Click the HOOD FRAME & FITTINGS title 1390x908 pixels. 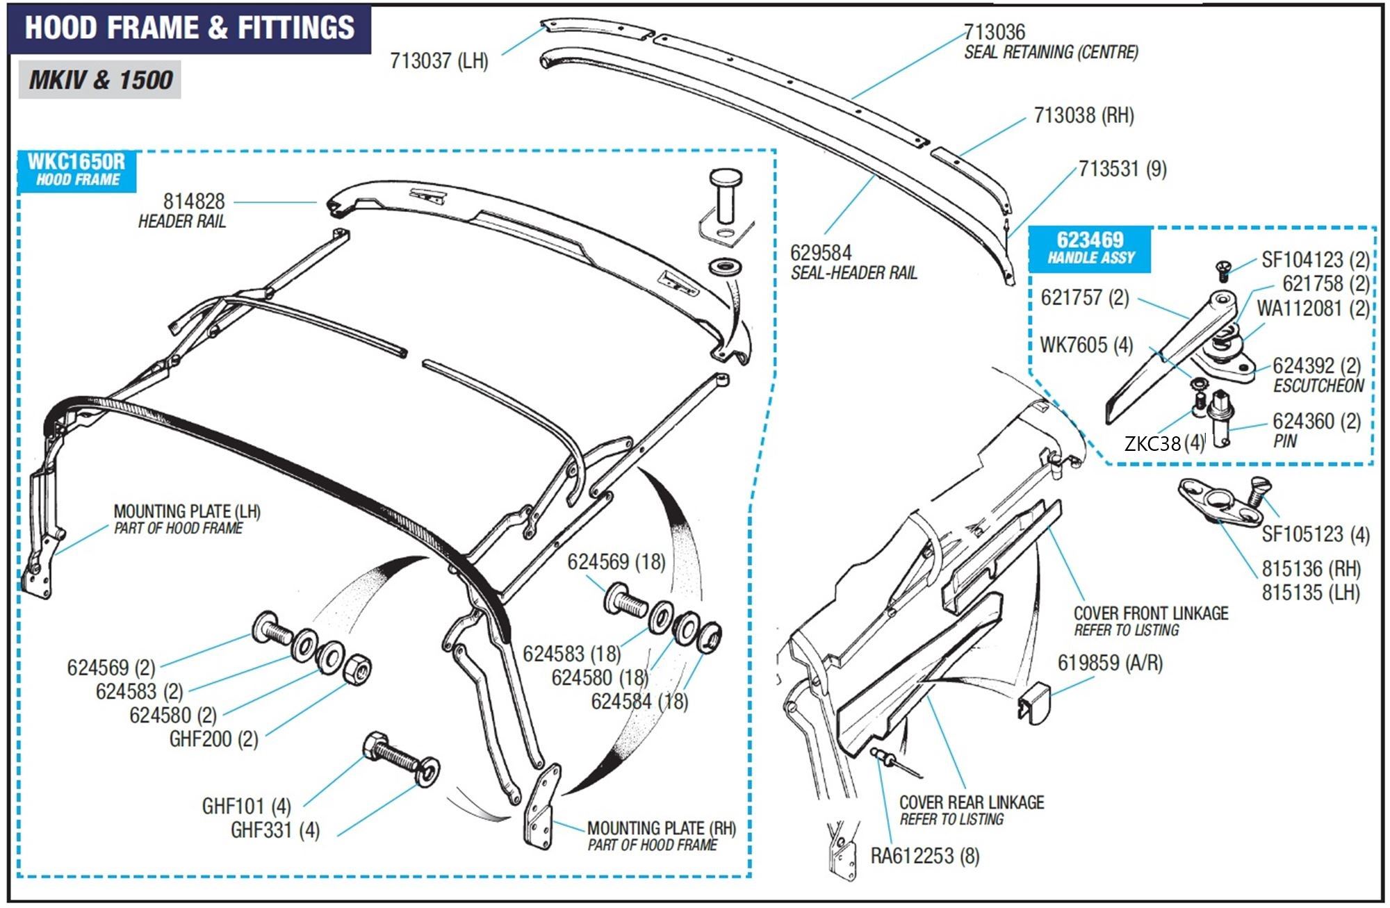(189, 28)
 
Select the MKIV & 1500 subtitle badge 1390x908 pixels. (100, 79)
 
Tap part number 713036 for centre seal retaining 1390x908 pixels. (994, 32)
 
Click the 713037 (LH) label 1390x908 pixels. (439, 61)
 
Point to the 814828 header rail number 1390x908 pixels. (194, 201)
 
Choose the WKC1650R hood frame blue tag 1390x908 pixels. (76, 170)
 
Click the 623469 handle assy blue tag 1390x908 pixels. (1090, 247)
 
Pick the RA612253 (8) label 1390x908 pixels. (924, 856)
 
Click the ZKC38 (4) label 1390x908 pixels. (1163, 443)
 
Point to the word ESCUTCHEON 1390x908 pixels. (1318, 386)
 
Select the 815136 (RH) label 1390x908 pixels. (1311, 569)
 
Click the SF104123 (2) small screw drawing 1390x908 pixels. (1223, 267)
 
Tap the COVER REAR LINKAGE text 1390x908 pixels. (971, 802)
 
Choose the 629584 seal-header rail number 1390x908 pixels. (821, 253)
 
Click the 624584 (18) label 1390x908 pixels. (639, 702)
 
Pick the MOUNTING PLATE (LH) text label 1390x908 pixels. (187, 512)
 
